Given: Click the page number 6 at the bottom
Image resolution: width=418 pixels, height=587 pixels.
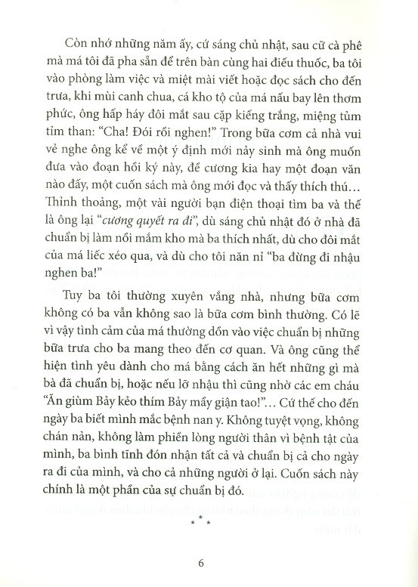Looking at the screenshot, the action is [201, 561].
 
